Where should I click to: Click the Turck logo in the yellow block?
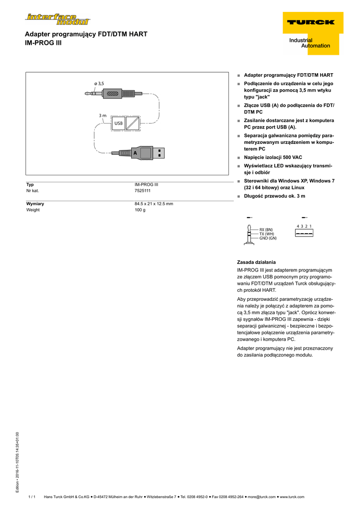[x=310, y=22]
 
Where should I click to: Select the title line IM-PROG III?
[x=43, y=43]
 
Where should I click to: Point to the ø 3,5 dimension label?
[x=99, y=84]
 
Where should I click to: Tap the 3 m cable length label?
[x=102, y=116]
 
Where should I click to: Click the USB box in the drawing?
[x=118, y=123]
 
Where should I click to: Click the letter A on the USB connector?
[x=135, y=153]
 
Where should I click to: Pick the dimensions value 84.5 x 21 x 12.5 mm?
[x=154, y=204]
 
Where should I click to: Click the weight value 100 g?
[x=140, y=210]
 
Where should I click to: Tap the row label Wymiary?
[x=35, y=204]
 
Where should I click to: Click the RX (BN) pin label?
[x=266, y=230]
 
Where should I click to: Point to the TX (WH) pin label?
[x=266, y=234]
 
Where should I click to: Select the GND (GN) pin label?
[x=268, y=238]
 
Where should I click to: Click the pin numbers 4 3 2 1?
[x=304, y=226]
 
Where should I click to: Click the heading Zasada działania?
[x=256, y=262]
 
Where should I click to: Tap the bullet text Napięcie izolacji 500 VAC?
[x=273, y=157]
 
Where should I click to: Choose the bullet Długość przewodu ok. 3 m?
[x=274, y=196]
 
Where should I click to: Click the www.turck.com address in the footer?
[x=292, y=497]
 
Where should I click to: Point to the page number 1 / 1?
[x=32, y=497]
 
